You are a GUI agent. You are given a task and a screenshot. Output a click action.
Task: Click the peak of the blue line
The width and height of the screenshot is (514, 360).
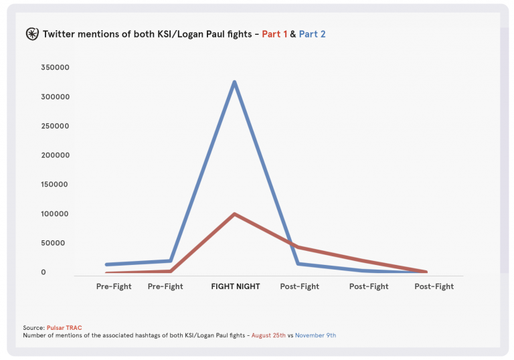click(x=234, y=82)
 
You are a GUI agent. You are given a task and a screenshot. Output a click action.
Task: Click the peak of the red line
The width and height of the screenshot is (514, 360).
click(x=234, y=214)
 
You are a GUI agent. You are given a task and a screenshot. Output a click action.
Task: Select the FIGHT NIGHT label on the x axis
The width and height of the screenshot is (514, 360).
click(x=235, y=286)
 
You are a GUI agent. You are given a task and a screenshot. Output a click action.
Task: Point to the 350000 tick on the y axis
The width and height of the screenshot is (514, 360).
click(x=55, y=68)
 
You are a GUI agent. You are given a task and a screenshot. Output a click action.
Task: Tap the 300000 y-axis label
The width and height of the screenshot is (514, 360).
click(x=55, y=97)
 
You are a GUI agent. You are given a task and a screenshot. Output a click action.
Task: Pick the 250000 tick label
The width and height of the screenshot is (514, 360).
click(x=55, y=126)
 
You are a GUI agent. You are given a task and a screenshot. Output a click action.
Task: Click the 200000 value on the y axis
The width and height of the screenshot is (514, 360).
click(x=55, y=155)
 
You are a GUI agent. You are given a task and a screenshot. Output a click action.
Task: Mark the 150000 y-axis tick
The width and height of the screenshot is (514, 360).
click(x=55, y=185)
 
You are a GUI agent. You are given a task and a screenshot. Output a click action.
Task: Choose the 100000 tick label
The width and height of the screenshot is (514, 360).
click(x=55, y=214)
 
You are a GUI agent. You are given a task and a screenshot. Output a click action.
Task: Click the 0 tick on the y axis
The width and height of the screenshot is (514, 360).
click(x=44, y=272)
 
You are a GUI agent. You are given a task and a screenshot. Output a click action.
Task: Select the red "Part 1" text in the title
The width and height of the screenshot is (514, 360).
click(x=274, y=33)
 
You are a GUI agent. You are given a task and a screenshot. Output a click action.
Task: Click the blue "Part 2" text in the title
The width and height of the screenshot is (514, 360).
click(x=312, y=33)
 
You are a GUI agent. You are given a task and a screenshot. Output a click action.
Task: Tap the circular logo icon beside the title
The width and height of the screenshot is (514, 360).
click(x=31, y=33)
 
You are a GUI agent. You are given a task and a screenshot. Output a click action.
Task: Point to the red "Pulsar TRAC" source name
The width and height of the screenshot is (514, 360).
click(x=64, y=328)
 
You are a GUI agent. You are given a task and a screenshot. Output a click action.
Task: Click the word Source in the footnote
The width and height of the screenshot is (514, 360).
click(x=33, y=328)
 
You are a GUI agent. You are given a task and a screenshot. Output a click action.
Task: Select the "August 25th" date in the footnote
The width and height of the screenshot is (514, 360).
click(x=270, y=335)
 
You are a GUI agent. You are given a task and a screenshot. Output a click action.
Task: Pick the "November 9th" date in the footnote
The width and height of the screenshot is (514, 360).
click(x=315, y=335)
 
